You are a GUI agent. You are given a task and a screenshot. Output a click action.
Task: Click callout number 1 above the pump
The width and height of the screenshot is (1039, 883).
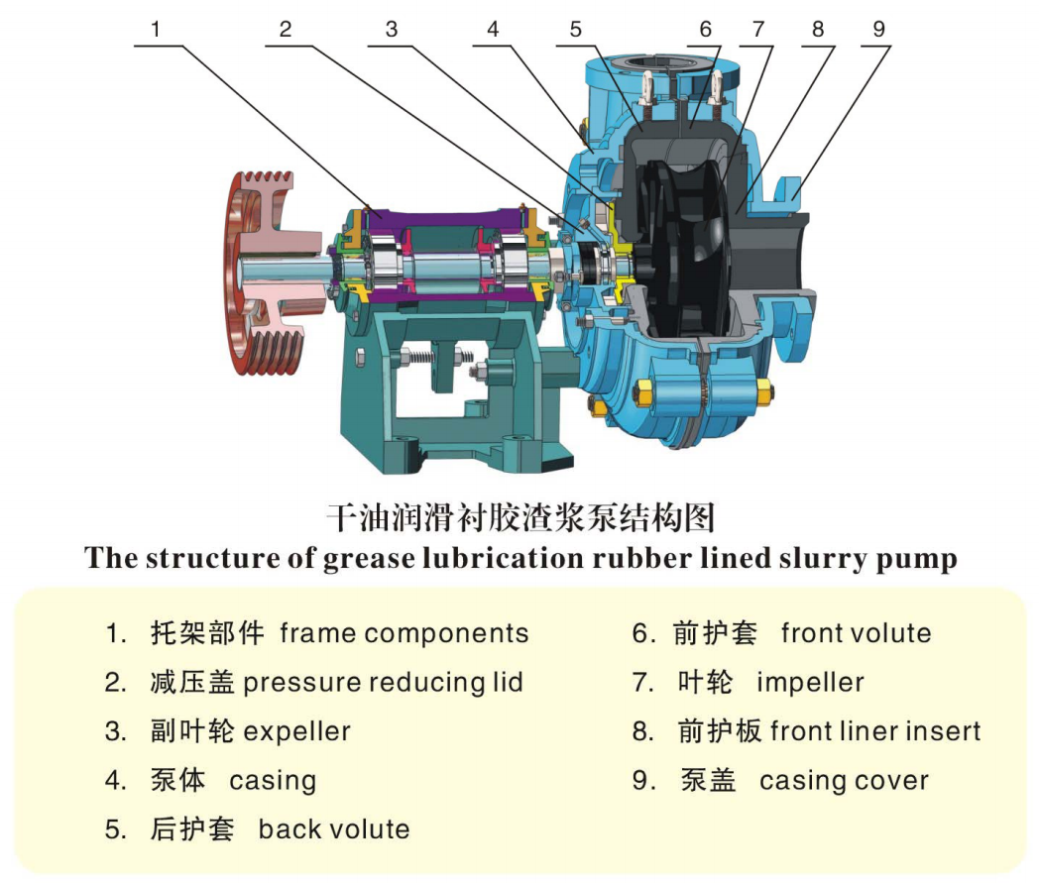(154, 30)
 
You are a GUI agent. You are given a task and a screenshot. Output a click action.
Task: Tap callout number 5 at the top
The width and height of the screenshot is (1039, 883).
(576, 30)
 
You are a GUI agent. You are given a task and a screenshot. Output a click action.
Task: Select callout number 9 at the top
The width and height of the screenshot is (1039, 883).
(878, 30)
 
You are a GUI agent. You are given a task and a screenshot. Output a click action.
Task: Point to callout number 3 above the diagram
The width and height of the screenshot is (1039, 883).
(392, 30)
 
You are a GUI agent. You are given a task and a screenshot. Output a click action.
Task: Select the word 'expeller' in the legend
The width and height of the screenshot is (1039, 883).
(297, 732)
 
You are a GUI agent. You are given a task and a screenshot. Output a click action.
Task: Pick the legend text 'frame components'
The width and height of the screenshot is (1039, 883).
(404, 634)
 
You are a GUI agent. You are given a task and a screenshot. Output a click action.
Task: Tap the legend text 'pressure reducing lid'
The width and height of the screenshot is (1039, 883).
(383, 683)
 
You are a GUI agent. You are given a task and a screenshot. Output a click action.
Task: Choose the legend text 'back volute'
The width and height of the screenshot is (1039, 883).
(334, 829)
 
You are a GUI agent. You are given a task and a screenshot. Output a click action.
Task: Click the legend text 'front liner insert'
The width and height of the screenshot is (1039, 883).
(875, 732)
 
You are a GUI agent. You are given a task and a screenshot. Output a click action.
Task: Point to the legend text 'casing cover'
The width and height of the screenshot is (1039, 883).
(844, 781)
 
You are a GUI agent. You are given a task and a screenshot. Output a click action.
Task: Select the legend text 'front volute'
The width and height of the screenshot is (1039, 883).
(857, 634)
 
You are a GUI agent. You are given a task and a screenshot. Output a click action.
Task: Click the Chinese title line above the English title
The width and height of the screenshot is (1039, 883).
(519, 516)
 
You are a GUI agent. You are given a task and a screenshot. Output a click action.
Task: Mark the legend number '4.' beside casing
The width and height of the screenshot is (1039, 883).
(116, 781)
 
